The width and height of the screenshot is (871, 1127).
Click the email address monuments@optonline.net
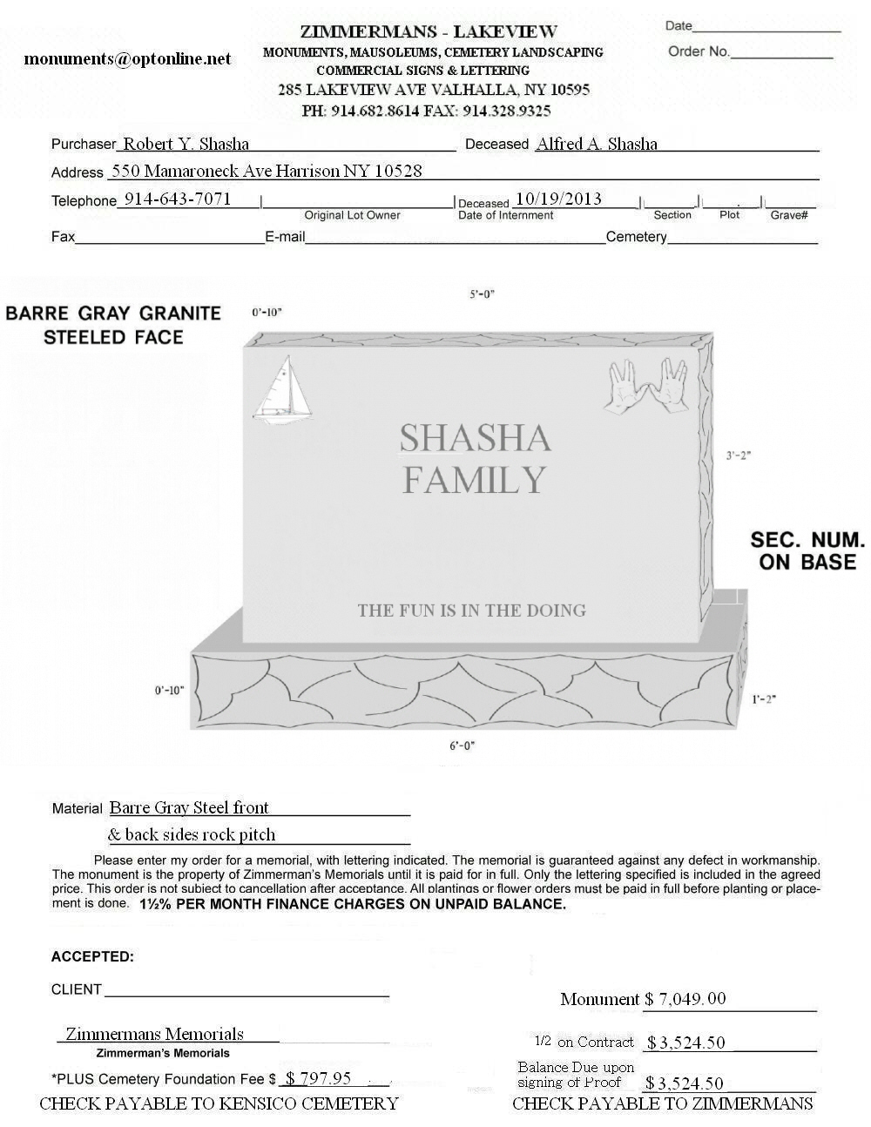(128, 59)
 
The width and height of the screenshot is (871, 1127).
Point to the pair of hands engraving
(647, 384)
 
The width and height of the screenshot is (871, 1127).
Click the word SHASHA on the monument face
(475, 438)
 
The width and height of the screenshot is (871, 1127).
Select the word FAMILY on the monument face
(474, 480)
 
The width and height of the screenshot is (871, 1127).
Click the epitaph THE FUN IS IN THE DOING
(471, 611)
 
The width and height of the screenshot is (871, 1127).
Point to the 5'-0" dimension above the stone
(482, 294)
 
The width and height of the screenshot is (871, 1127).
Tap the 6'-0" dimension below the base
(463, 746)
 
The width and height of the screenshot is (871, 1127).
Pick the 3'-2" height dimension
(738, 456)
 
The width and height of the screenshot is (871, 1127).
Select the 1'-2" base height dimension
(763, 698)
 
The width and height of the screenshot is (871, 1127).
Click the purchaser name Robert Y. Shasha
(186, 145)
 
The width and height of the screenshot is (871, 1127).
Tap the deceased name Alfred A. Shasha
(597, 145)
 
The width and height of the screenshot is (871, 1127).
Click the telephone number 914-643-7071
(178, 199)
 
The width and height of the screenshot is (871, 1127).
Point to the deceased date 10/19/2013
(558, 199)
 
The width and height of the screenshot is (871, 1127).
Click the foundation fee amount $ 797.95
(318, 1079)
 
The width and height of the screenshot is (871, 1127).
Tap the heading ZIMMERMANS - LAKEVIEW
(429, 32)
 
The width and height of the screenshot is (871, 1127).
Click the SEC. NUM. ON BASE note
(807, 551)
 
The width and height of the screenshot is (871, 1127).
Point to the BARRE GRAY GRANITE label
(113, 314)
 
